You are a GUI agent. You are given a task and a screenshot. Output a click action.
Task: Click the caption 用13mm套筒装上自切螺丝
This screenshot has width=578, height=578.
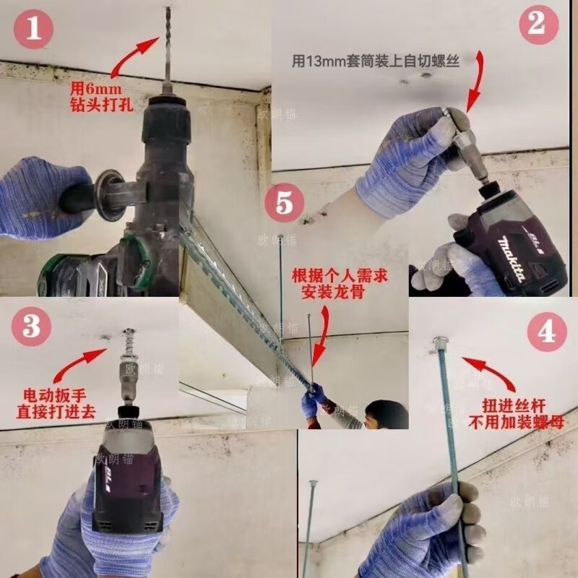point(376,63)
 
